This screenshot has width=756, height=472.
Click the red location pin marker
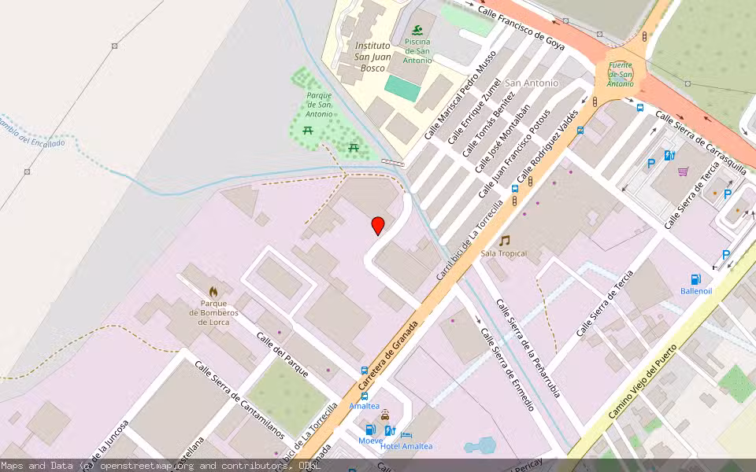point(378,225)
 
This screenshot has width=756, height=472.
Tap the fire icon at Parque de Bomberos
point(213,291)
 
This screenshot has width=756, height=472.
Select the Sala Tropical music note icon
point(504,241)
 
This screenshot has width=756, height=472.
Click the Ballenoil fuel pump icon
point(695,279)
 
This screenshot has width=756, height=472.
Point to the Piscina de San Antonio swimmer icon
point(417,30)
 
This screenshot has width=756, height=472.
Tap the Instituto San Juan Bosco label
point(372,57)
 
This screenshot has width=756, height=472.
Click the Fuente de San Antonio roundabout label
point(621,75)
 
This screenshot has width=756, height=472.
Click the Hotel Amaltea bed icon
point(406,434)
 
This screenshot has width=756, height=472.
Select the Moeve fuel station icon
point(370,430)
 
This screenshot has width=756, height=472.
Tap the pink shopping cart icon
point(683,171)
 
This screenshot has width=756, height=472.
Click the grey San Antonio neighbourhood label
point(532,83)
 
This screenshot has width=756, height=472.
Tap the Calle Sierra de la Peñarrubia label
point(528,348)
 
